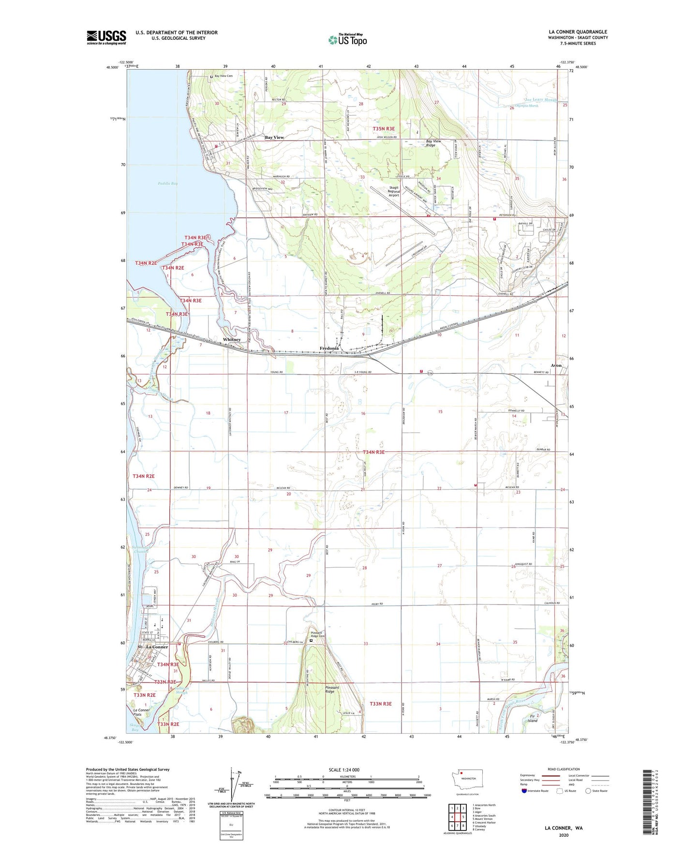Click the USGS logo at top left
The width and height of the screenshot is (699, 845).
pos(106,37)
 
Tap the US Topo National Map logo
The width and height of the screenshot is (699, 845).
pos(347,40)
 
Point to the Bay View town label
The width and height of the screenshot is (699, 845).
pos(274,137)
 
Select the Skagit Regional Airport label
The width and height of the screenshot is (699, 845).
pos(394,191)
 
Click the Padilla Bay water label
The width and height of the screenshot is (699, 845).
pos(167,183)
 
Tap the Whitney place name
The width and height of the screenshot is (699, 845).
pos(232,340)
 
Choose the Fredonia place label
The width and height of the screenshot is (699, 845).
pos(329,348)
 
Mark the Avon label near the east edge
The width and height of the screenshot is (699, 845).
pos(556,365)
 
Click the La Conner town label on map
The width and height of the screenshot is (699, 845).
pos(157,647)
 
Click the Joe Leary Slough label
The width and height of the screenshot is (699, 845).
pos(541,100)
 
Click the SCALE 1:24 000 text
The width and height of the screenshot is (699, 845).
pos(344,770)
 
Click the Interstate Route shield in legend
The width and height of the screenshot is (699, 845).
pos(524,791)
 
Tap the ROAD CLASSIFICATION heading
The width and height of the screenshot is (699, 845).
pos(564,769)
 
